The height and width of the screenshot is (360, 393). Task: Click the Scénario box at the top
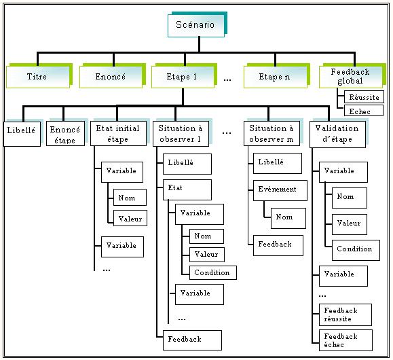[196, 26]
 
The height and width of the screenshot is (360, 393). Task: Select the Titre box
[38, 77]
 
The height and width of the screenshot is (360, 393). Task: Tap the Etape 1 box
[183, 77]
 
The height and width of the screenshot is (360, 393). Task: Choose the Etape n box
[275, 77]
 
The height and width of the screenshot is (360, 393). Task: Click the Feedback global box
[351, 77]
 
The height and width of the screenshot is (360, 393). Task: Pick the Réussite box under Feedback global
[364, 97]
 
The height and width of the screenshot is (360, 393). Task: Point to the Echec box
[363, 111]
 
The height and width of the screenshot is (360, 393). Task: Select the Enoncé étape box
[65, 134]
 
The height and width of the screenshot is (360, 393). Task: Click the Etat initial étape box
[118, 133]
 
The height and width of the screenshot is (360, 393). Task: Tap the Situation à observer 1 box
[181, 134]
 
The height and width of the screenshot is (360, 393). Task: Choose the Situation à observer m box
[272, 133]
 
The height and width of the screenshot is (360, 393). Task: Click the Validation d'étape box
[337, 134]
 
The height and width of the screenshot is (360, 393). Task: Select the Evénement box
[280, 190]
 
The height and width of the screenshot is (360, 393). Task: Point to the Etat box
[187, 190]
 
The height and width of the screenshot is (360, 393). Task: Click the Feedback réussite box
[345, 315]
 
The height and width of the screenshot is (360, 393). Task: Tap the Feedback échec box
[345, 340]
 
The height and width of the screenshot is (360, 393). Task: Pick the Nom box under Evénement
[288, 218]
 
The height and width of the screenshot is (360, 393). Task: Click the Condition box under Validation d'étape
[356, 250]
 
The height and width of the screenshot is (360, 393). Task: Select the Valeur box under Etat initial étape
[130, 218]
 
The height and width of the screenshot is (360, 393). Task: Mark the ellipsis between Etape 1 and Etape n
[227, 80]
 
